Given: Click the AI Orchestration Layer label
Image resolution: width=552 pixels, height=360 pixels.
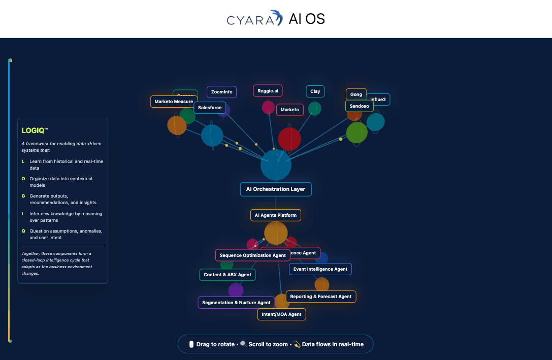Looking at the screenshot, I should [276, 189].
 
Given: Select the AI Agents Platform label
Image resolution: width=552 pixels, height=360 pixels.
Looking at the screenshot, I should [276, 215].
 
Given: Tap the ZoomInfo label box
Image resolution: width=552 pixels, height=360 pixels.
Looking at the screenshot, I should [221, 92].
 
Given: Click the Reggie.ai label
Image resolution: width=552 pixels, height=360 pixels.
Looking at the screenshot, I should [268, 91].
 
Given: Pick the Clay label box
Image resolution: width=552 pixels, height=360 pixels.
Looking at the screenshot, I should [315, 91].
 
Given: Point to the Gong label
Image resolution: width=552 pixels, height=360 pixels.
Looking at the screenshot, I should [356, 94].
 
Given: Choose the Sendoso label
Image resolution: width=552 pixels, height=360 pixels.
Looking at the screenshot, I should [359, 106].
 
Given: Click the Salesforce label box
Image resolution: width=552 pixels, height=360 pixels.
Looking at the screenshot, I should [210, 108].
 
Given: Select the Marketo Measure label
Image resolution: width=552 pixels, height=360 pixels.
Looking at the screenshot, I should [173, 102].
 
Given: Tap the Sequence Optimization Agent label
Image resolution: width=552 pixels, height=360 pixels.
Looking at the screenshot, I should [252, 255].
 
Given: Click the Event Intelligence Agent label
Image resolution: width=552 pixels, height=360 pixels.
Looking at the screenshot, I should [320, 269].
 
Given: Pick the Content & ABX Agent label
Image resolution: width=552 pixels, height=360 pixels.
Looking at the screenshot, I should [228, 275].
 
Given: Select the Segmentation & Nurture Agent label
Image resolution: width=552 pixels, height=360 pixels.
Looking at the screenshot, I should [236, 303].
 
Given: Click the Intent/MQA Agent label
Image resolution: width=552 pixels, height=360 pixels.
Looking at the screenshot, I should [281, 314].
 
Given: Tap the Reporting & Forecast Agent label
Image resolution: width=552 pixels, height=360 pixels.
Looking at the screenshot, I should [321, 297].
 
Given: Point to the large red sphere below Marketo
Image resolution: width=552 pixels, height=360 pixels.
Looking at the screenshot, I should [289, 139].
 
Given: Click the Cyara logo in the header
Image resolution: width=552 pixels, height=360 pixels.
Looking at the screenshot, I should [254, 19].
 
